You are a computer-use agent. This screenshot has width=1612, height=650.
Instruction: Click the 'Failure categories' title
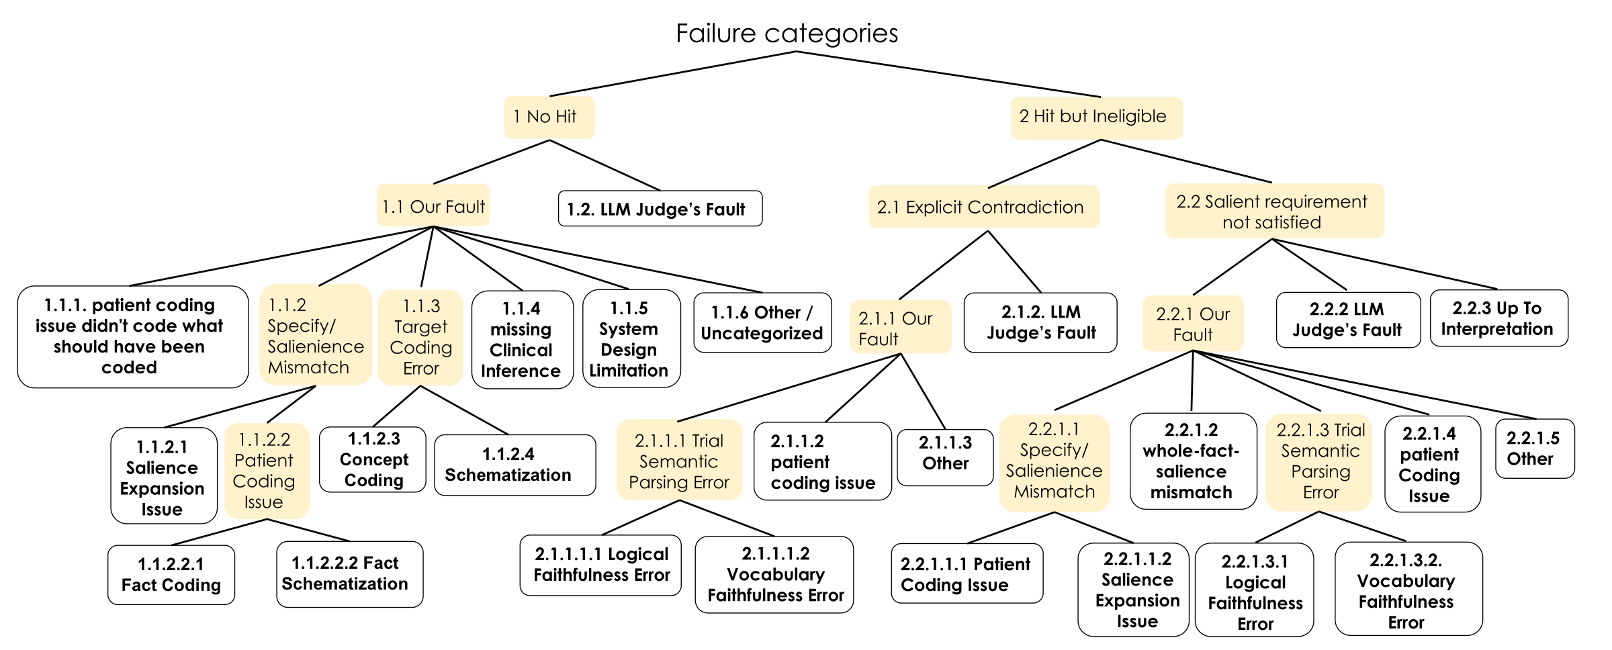point(787,34)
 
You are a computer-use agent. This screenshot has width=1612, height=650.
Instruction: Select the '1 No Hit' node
point(549,118)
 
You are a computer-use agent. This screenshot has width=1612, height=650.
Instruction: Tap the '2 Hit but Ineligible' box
point(1095,118)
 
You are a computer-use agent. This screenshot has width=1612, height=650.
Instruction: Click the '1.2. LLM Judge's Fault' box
point(660,209)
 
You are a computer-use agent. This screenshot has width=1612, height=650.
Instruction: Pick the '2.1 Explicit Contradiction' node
point(983,207)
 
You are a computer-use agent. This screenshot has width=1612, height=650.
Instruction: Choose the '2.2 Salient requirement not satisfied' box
point(1273,212)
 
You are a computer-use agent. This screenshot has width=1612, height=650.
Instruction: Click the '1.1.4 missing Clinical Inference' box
point(522,340)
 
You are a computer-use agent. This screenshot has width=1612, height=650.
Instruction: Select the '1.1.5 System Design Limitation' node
point(630,339)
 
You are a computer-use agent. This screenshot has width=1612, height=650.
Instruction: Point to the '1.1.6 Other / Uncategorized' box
point(762,323)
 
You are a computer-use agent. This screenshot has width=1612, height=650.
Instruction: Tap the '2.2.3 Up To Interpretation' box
point(1498,319)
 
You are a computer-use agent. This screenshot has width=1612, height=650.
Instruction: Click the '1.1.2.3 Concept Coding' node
point(373,460)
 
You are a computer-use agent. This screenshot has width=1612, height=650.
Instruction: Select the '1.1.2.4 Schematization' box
point(514,465)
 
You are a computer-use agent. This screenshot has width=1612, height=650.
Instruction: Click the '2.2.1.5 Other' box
point(1534,449)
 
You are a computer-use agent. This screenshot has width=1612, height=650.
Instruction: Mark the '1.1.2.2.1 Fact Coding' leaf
point(171,575)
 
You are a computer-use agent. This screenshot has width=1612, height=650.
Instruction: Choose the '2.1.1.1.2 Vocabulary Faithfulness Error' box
point(774,574)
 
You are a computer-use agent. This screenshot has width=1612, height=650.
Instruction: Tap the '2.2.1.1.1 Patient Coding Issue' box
point(966,574)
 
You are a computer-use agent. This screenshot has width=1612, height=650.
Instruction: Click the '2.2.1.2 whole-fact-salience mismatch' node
point(1192,461)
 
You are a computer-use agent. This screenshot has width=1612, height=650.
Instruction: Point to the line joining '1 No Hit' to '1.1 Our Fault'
point(491,162)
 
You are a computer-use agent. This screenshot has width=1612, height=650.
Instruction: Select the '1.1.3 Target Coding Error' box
point(420,337)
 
